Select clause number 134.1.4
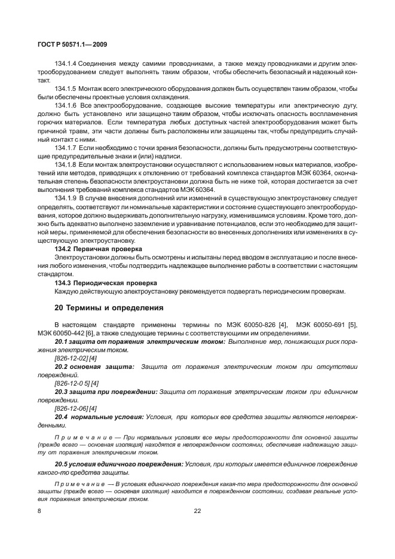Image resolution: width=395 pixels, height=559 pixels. [66, 63]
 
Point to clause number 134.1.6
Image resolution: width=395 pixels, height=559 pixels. [66, 105]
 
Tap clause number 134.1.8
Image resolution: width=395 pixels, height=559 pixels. [66, 164]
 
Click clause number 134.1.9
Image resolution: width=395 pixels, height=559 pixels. [66, 197]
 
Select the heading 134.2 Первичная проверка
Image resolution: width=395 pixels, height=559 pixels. [99, 248]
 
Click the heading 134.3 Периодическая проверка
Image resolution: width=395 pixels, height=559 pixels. [106, 282]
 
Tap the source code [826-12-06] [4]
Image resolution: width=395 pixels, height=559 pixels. [75, 408]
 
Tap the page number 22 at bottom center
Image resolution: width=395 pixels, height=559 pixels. [197, 511]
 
